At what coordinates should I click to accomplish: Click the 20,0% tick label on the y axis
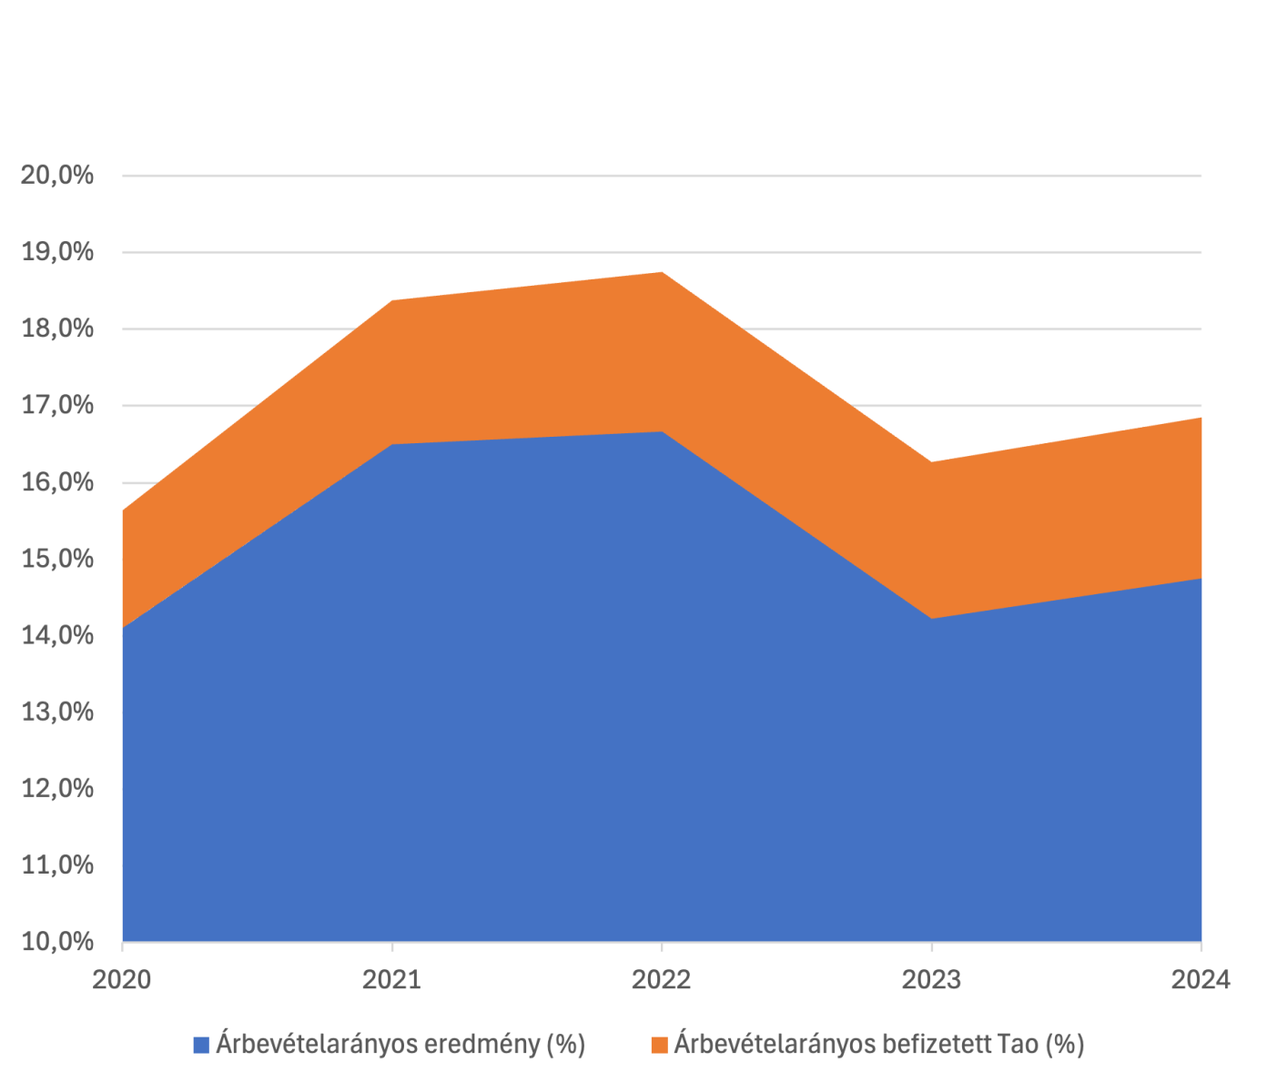point(56,175)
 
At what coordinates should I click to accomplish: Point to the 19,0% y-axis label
point(56,251)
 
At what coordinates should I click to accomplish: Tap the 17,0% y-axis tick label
point(56,405)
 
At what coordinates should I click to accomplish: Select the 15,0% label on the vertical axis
point(56,558)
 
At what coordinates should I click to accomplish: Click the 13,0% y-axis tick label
point(56,712)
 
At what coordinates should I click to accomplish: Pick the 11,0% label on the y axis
point(56,864)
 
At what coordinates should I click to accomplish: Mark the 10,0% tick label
point(56,941)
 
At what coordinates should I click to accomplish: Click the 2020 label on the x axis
point(122,980)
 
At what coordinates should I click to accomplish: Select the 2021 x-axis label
point(391,980)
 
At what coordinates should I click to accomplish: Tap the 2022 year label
point(662,980)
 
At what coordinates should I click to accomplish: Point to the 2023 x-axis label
point(931,980)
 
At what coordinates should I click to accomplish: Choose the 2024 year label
point(1201,980)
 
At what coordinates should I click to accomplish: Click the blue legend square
point(201,1045)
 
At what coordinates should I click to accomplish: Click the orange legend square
point(659,1045)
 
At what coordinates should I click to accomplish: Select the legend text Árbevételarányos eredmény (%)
point(400,1045)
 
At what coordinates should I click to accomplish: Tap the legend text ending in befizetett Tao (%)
point(878,1045)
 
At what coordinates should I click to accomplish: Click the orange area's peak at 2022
point(662,271)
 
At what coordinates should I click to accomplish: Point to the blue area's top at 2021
point(391,444)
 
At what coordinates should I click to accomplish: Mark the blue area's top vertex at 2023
point(931,619)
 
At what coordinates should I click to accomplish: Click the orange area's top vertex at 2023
point(931,461)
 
